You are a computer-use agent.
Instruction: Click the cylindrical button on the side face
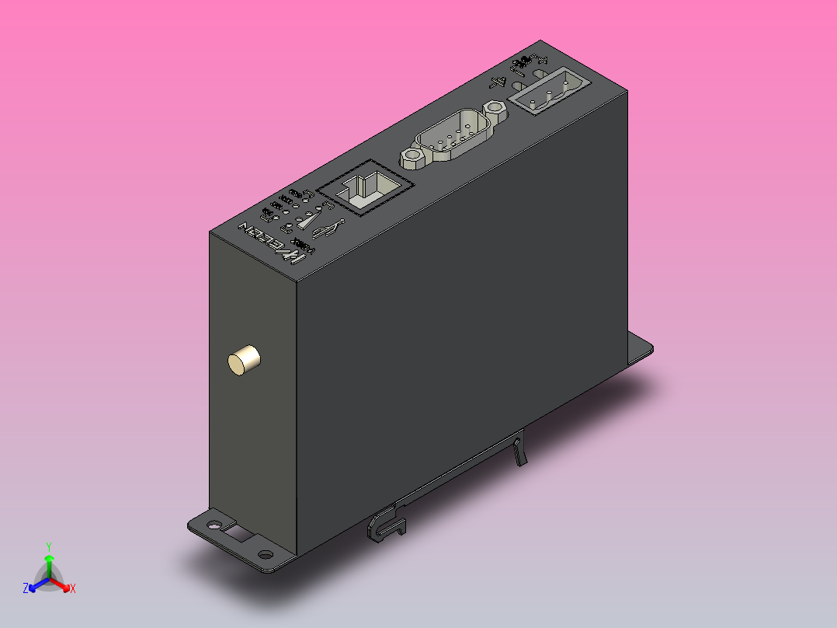pyautogui.click(x=244, y=361)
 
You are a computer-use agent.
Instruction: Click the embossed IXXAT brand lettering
pyautogui.click(x=272, y=242)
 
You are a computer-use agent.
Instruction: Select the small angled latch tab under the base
pyautogui.click(x=519, y=452)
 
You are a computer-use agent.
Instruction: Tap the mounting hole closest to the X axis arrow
pyautogui.click(x=266, y=555)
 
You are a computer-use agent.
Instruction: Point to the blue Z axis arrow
pyautogui.click(x=36, y=585)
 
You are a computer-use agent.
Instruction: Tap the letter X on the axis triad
pyautogui.click(x=72, y=588)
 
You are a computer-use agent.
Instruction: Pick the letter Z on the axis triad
pyautogui.click(x=26, y=589)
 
